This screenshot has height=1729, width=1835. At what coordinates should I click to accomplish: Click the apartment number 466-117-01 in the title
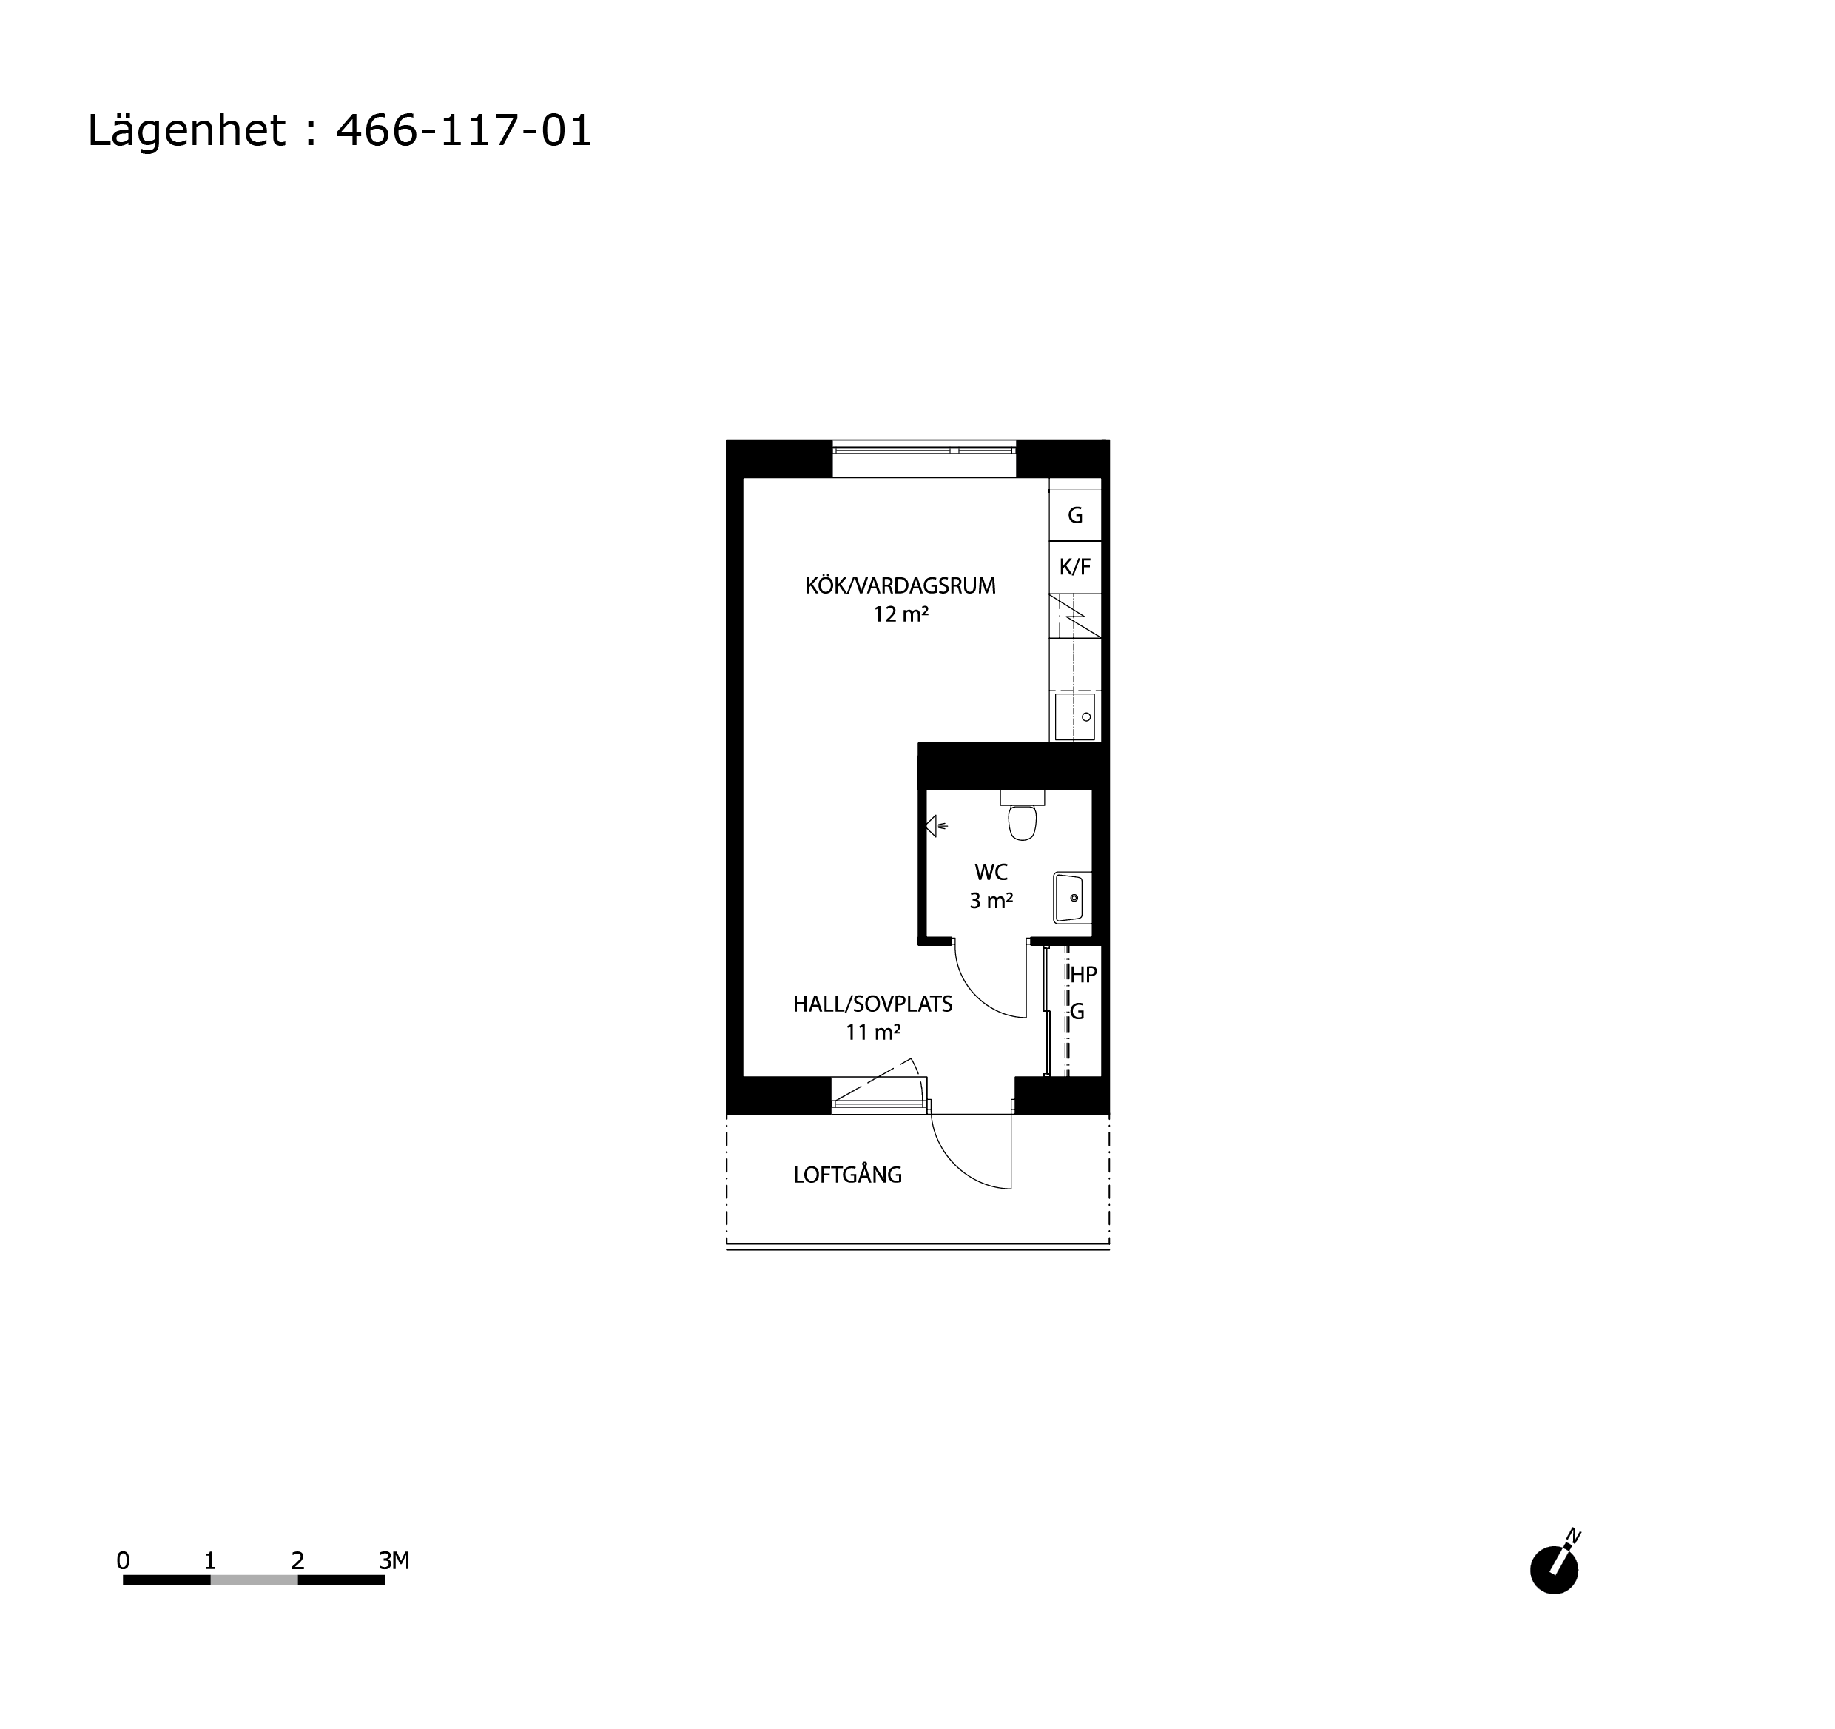pyautogui.click(x=463, y=131)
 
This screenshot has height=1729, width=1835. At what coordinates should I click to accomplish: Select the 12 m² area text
pyautogui.click(x=901, y=615)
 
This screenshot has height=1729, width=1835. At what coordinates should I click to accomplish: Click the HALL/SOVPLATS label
pyautogui.click(x=872, y=1004)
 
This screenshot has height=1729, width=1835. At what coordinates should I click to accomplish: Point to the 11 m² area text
pyautogui.click(x=873, y=1033)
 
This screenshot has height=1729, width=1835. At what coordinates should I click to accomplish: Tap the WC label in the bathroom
pyautogui.click(x=991, y=873)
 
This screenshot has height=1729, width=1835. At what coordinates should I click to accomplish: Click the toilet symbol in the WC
pyautogui.click(x=1023, y=815)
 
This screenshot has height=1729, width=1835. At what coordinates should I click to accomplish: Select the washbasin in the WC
pyautogui.click(x=1071, y=899)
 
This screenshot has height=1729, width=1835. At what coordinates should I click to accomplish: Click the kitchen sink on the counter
pyautogui.click(x=1075, y=717)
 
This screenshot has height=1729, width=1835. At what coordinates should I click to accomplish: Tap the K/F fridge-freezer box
pyautogui.click(x=1075, y=568)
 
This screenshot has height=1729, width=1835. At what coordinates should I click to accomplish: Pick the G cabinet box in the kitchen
pyautogui.click(x=1075, y=515)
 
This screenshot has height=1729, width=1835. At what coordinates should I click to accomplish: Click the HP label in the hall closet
pyautogui.click(x=1084, y=975)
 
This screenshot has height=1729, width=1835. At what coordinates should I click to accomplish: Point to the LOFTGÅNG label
pyautogui.click(x=847, y=1175)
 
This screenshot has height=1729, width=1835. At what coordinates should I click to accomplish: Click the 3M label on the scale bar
pyautogui.click(x=394, y=1561)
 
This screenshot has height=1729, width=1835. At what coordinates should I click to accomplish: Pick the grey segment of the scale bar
pyautogui.click(x=254, y=1580)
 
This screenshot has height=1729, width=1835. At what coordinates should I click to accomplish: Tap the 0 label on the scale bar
pyautogui.click(x=123, y=1561)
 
